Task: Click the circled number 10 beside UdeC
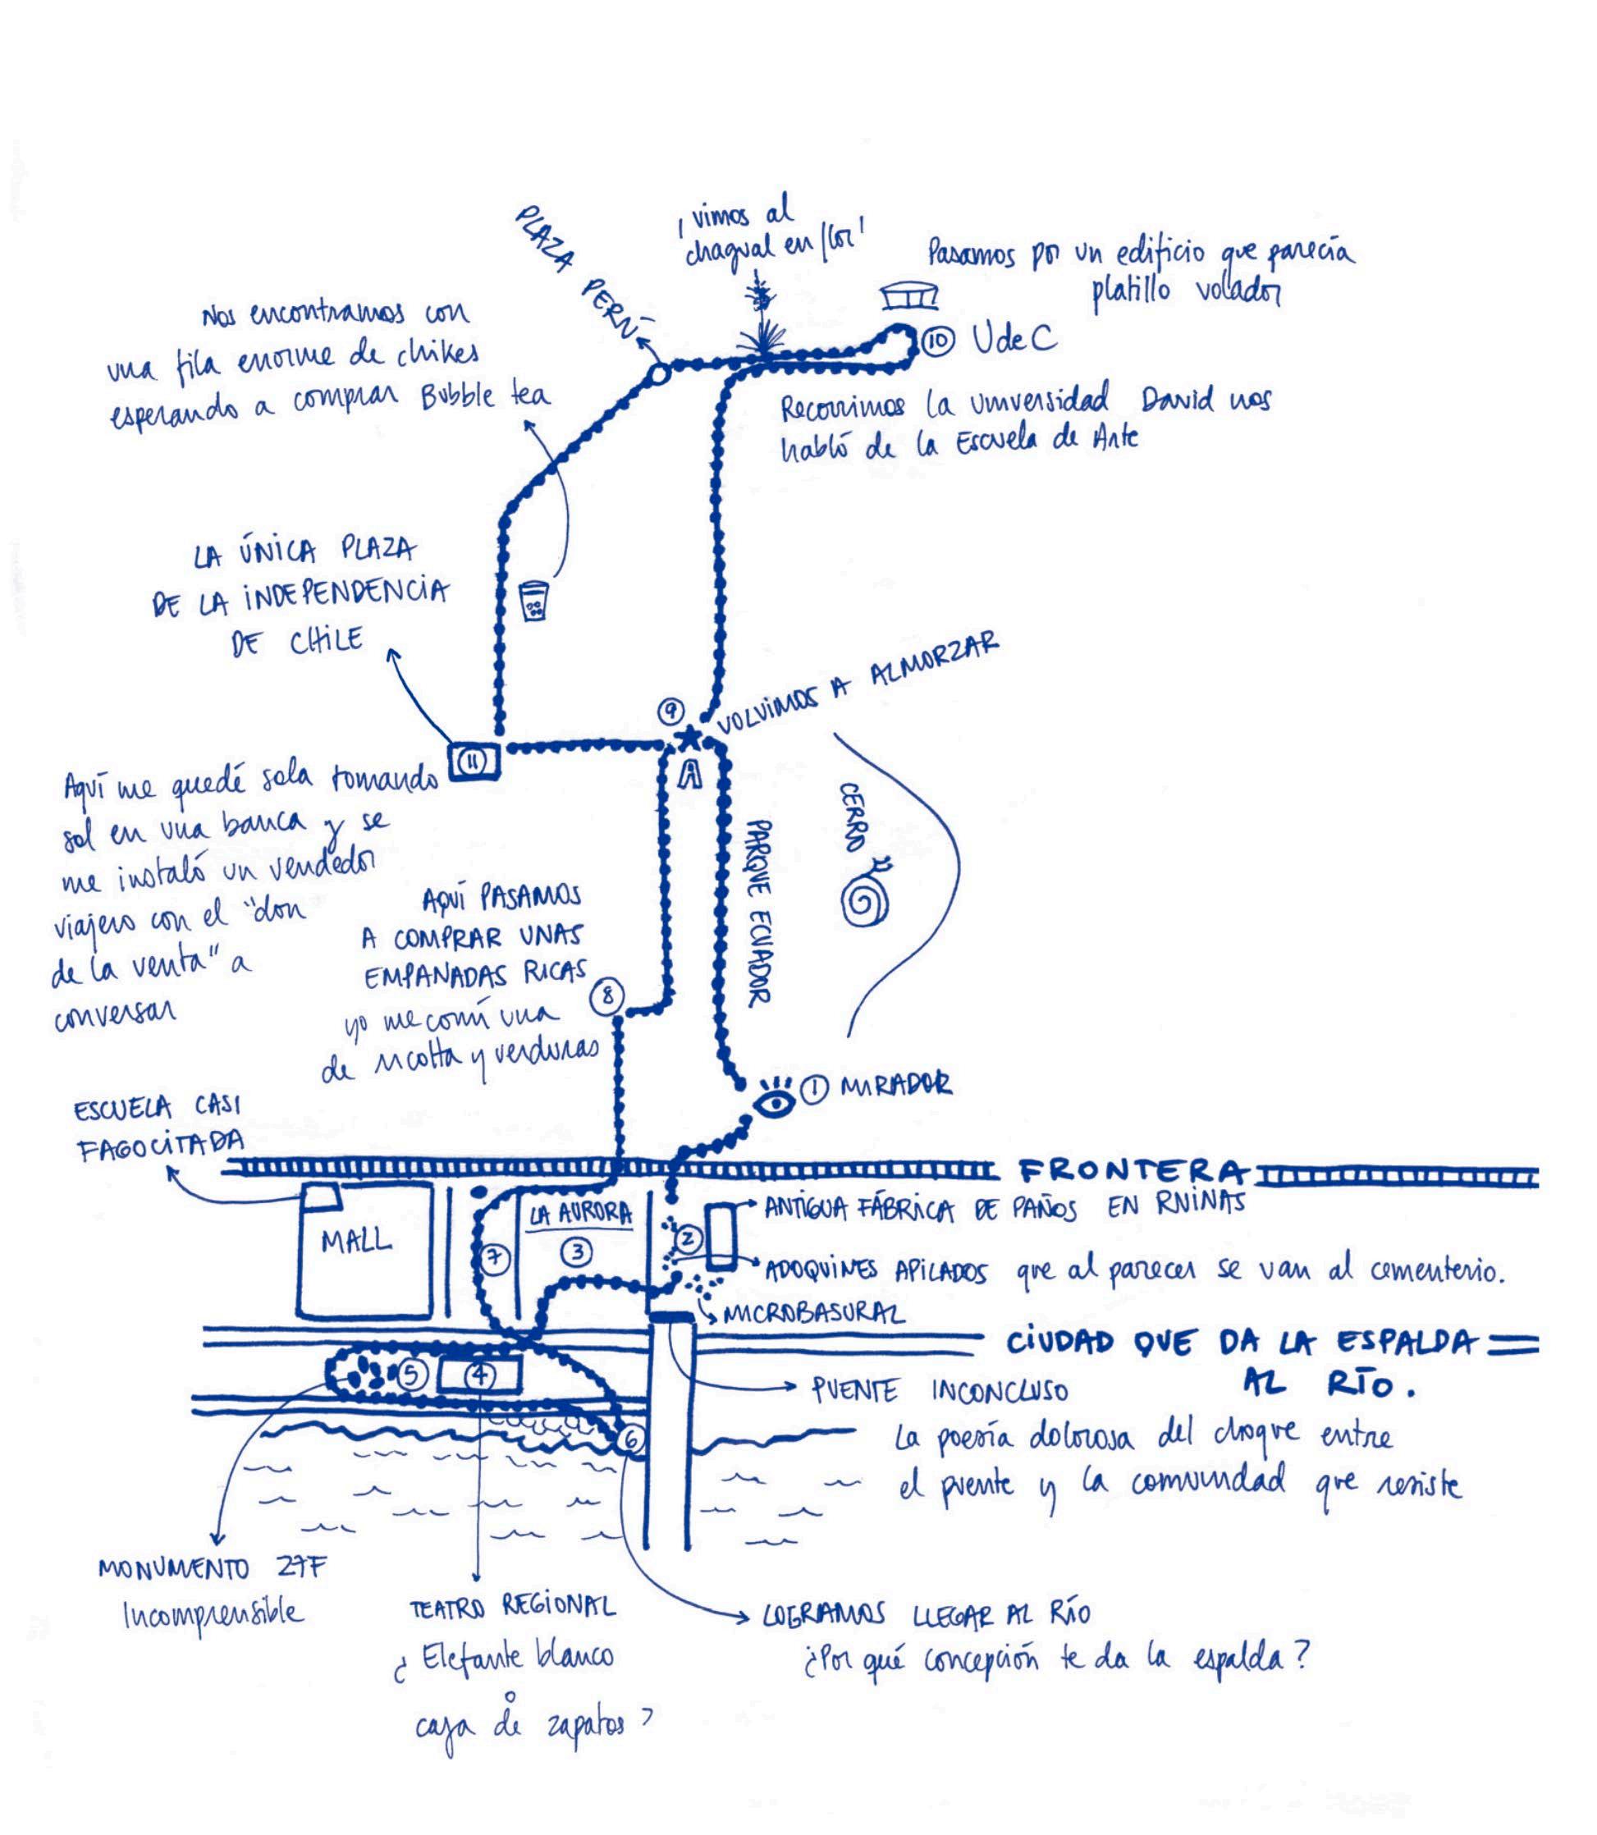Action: (x=936, y=341)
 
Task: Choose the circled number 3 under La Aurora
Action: (x=578, y=1252)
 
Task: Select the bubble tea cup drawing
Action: (x=533, y=603)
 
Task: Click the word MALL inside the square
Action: (x=356, y=1241)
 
